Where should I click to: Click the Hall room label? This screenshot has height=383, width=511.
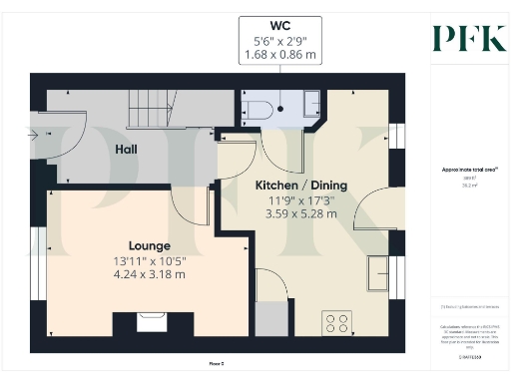[x=126, y=149]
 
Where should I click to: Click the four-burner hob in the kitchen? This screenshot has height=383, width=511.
[x=337, y=321]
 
